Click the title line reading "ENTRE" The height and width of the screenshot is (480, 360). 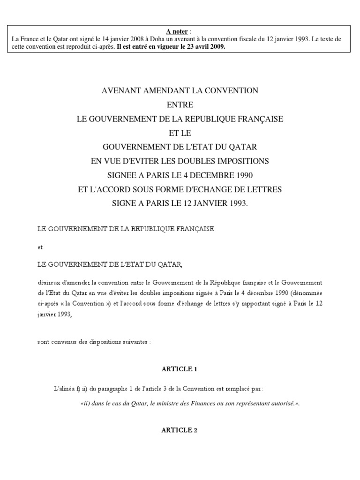pyautogui.click(x=180, y=105)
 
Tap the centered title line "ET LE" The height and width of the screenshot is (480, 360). pyautogui.click(x=180, y=133)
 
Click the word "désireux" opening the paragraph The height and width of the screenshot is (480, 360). pyautogui.click(x=50, y=283)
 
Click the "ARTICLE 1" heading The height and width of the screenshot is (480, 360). pyautogui.click(x=180, y=369)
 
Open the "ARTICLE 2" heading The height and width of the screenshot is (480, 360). pyautogui.click(x=180, y=430)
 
